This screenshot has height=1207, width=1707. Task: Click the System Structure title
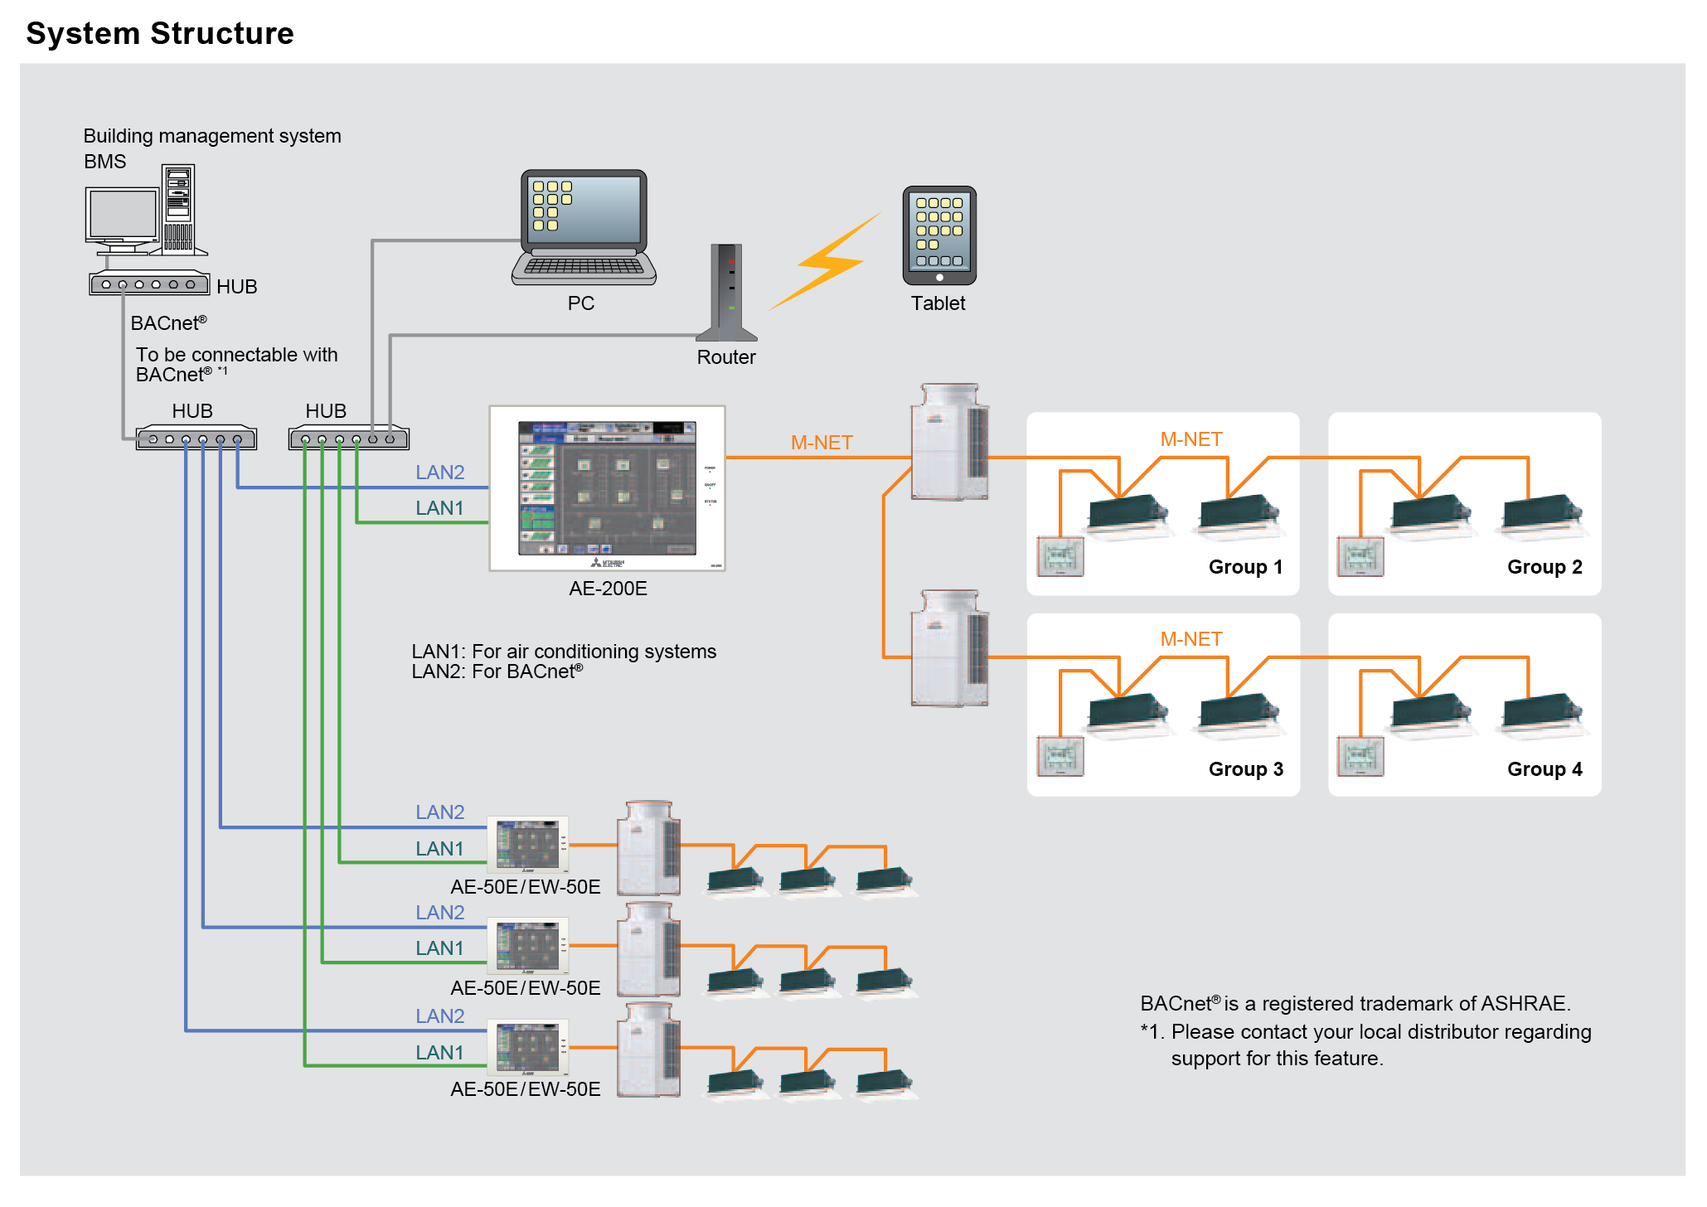[160, 33]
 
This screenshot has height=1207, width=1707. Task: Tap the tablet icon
[938, 235]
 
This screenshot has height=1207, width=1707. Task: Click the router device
[727, 293]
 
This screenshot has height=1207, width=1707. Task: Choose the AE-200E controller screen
[607, 488]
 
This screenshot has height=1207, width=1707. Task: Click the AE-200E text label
[608, 589]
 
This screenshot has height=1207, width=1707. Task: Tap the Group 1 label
[1245, 567]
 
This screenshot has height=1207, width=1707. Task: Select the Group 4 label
[1545, 769]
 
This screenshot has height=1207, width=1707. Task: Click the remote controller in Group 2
[1360, 557]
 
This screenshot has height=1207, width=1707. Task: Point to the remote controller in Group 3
[1060, 757]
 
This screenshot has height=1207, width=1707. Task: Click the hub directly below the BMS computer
[149, 284]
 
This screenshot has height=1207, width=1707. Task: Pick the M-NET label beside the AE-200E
[821, 443]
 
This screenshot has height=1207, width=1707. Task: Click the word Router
[726, 357]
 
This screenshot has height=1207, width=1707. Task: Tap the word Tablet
[938, 303]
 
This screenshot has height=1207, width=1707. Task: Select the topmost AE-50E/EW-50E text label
[525, 887]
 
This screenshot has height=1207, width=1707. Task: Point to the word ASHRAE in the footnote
[1523, 1004]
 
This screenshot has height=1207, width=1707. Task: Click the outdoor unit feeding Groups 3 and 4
[949, 648]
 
